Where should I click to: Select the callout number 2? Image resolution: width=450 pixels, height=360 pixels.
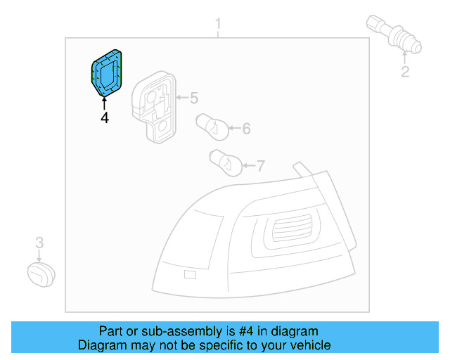[x=406, y=72]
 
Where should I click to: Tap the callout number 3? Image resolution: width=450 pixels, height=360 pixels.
[x=39, y=243]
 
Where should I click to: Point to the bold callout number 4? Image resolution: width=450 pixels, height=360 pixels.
[x=105, y=118]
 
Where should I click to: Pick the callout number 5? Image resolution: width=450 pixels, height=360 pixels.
[x=194, y=98]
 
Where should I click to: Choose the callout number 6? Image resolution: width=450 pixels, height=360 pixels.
[x=246, y=129]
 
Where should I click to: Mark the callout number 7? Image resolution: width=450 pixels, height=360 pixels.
[x=260, y=167]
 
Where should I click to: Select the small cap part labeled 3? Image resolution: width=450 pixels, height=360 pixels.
[x=41, y=274]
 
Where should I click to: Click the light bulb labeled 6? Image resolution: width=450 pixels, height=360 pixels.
[x=211, y=125]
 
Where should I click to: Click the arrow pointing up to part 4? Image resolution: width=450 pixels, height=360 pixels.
[x=105, y=103]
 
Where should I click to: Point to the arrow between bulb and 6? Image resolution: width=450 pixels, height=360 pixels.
[x=234, y=129]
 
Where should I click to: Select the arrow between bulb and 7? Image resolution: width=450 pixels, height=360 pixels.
[x=248, y=167]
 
